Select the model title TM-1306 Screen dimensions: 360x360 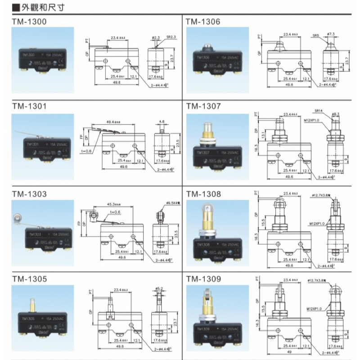[203, 21]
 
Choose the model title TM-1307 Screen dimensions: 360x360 [203, 107]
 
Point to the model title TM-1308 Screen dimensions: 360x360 [203, 194]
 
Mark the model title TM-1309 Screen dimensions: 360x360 [203, 279]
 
